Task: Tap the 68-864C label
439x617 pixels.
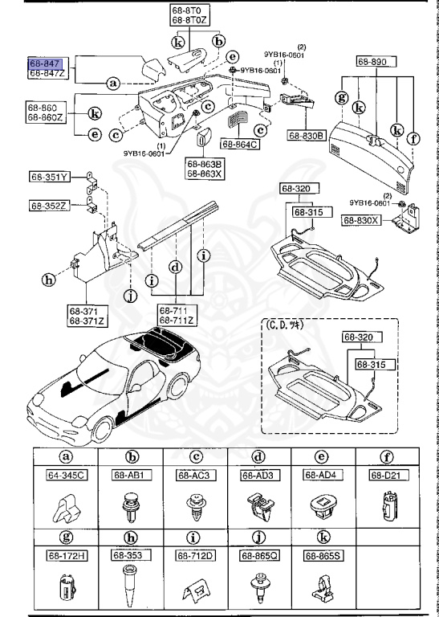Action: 243,145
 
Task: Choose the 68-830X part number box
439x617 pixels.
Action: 361,219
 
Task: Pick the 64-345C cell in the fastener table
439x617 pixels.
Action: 65,476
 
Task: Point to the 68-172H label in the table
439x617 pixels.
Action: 65,554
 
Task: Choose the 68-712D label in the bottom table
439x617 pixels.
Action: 194,554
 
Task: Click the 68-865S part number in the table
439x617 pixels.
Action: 322,554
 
